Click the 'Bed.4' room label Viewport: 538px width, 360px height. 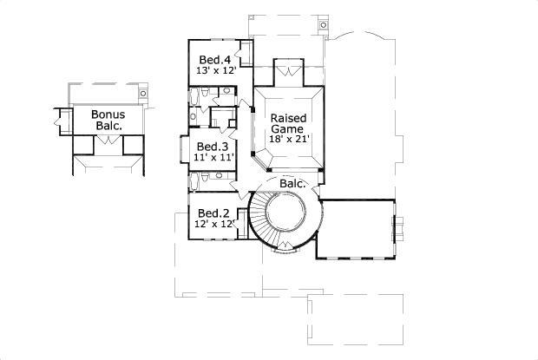[213, 60]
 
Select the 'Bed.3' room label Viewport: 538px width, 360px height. [212, 147]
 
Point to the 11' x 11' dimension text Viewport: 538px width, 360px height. [212, 158]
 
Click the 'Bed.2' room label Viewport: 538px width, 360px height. [213, 213]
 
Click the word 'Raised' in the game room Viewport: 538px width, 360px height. [287, 118]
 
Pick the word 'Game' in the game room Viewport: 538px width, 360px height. [287, 128]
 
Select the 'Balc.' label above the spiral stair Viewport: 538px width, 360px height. [291, 183]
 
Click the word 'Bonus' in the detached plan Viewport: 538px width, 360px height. [108, 115]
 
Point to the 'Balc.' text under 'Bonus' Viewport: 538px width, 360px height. [108, 126]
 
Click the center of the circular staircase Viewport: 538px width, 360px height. [285, 213]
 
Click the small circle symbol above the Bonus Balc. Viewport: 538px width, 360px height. [141, 88]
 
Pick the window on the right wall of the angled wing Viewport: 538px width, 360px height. [399, 229]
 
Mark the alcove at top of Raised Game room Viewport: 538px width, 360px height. [286, 71]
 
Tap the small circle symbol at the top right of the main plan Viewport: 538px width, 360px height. [324, 24]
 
